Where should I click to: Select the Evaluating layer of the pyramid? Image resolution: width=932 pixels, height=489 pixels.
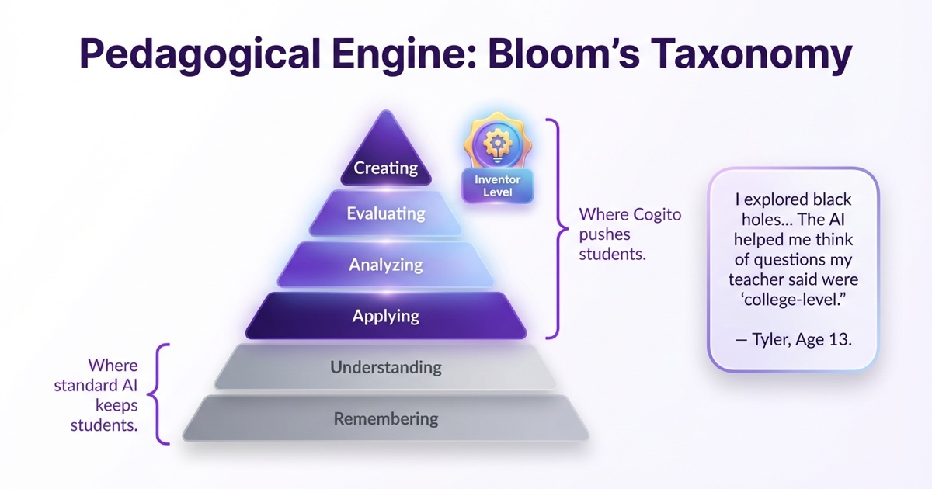[x=386, y=213]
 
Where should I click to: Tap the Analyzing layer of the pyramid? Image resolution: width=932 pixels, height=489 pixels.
[x=386, y=265]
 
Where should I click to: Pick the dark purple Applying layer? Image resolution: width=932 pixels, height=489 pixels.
[x=386, y=316]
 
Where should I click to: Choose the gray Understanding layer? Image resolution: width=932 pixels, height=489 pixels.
[x=386, y=367]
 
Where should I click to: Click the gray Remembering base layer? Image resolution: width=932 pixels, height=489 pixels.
[x=386, y=419]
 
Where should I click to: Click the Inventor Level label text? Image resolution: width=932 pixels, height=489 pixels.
[x=497, y=186]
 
